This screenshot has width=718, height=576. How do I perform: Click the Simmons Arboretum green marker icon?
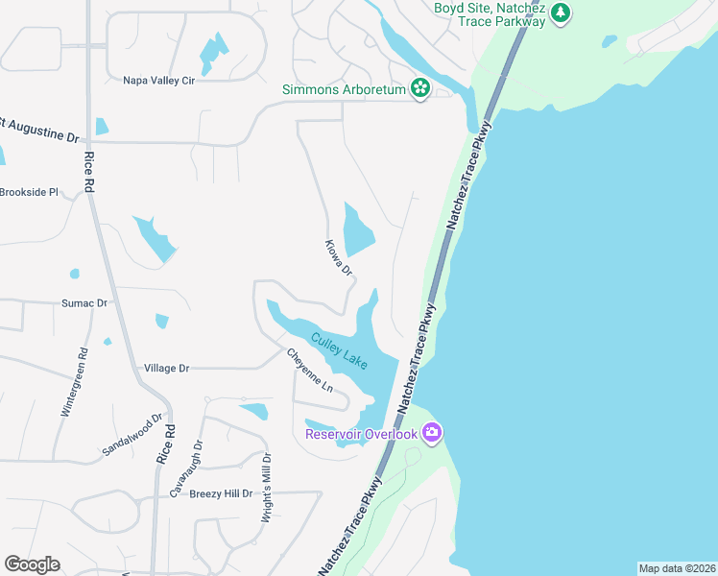tap(419, 89)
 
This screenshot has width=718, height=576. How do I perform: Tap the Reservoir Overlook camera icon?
tap(432, 434)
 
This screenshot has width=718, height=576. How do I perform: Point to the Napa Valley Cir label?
tap(159, 81)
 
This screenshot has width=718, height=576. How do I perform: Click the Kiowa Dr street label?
tap(339, 258)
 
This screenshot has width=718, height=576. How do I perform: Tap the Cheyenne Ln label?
tap(309, 370)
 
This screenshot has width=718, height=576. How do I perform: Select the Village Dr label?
tap(167, 368)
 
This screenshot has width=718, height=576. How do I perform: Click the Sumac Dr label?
tap(84, 302)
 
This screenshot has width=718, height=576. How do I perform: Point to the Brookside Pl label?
tap(30, 192)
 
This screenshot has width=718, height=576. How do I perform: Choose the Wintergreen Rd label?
tap(74, 381)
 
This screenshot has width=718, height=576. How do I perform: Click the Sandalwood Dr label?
tap(132, 436)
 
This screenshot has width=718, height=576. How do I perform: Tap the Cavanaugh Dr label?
tap(187, 468)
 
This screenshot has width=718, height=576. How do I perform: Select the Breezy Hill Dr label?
tap(221, 493)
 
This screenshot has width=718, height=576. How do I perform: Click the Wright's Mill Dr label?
tap(268, 490)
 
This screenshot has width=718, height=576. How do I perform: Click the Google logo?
tap(32, 564)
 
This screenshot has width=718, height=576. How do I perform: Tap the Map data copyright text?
tap(677, 568)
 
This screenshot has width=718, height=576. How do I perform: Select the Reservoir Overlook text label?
tap(362, 434)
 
